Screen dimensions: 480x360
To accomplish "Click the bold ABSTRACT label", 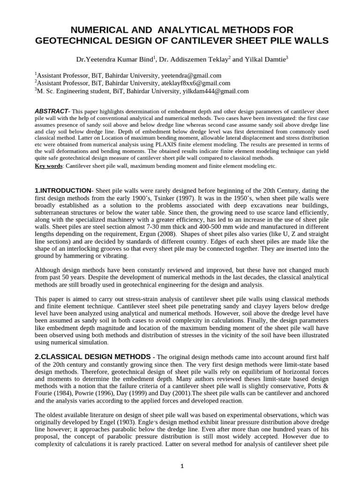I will coord(51,111).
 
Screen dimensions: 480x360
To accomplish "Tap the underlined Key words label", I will coord(49,166).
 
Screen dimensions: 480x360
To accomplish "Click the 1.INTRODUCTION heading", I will coord(63,191).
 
